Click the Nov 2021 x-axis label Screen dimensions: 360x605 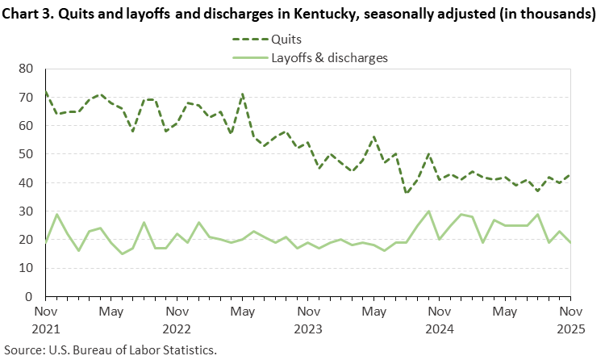[46, 319]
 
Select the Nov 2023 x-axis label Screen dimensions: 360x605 [308, 319]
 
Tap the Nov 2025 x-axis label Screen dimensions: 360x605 [570, 319]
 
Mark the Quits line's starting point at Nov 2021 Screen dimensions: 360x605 [46, 92]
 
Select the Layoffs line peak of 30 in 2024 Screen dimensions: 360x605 [428, 211]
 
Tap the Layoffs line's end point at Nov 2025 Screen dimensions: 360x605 [570, 242]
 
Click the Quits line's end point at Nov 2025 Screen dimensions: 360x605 [570, 174]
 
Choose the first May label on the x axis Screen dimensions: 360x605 [111, 311]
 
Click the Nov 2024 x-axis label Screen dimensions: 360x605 [440, 319]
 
